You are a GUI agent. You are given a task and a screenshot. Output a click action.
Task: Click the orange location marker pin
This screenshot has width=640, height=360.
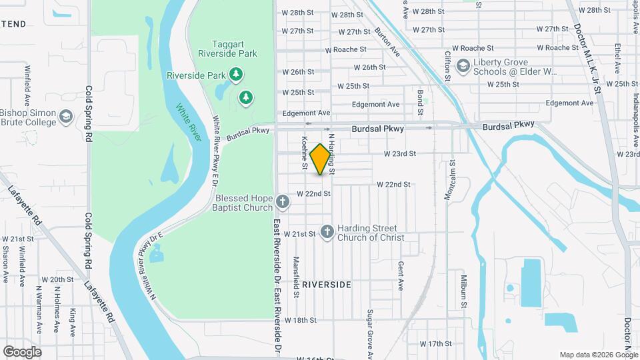point(321,159)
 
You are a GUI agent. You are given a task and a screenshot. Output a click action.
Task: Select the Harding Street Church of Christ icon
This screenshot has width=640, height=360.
point(327,231)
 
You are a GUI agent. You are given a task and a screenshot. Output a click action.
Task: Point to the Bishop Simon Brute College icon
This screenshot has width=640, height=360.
point(65,117)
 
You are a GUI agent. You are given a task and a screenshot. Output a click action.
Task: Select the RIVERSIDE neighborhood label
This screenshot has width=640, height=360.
point(326,285)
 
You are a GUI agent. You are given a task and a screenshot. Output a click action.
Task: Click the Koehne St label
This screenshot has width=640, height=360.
point(305,153)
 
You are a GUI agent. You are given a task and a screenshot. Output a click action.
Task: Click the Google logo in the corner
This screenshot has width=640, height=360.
point(22,352)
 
